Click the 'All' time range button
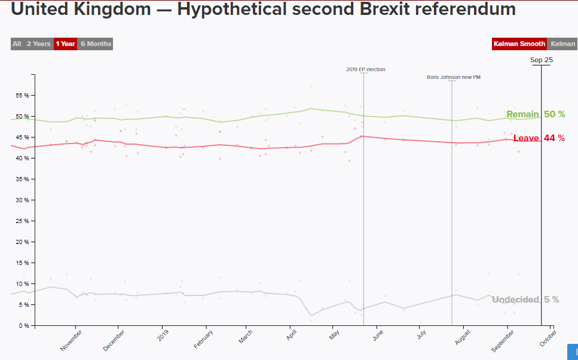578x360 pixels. pyautogui.click(x=17, y=44)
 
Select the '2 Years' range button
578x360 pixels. pyautogui.click(x=38, y=44)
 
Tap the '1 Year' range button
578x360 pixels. pyautogui.click(x=65, y=44)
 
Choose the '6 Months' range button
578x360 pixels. pyautogui.click(x=96, y=44)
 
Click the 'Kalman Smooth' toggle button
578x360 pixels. pyautogui.click(x=519, y=44)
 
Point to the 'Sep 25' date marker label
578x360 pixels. pyautogui.click(x=541, y=60)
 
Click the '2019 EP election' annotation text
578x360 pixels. pyautogui.click(x=366, y=69)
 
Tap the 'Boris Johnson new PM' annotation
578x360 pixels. pyautogui.click(x=454, y=77)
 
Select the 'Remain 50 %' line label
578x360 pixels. pyautogui.click(x=535, y=114)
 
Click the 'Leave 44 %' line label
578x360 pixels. pyautogui.click(x=539, y=138)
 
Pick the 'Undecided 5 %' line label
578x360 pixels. pyautogui.click(x=525, y=300)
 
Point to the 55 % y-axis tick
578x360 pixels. pyautogui.click(x=23, y=96)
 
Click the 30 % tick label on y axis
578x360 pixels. pyautogui.click(x=23, y=200)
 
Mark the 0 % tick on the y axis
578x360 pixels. pyautogui.click(x=25, y=326)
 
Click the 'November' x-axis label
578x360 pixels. pyautogui.click(x=71, y=340)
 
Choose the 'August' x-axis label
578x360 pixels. pyautogui.click(x=463, y=338)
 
